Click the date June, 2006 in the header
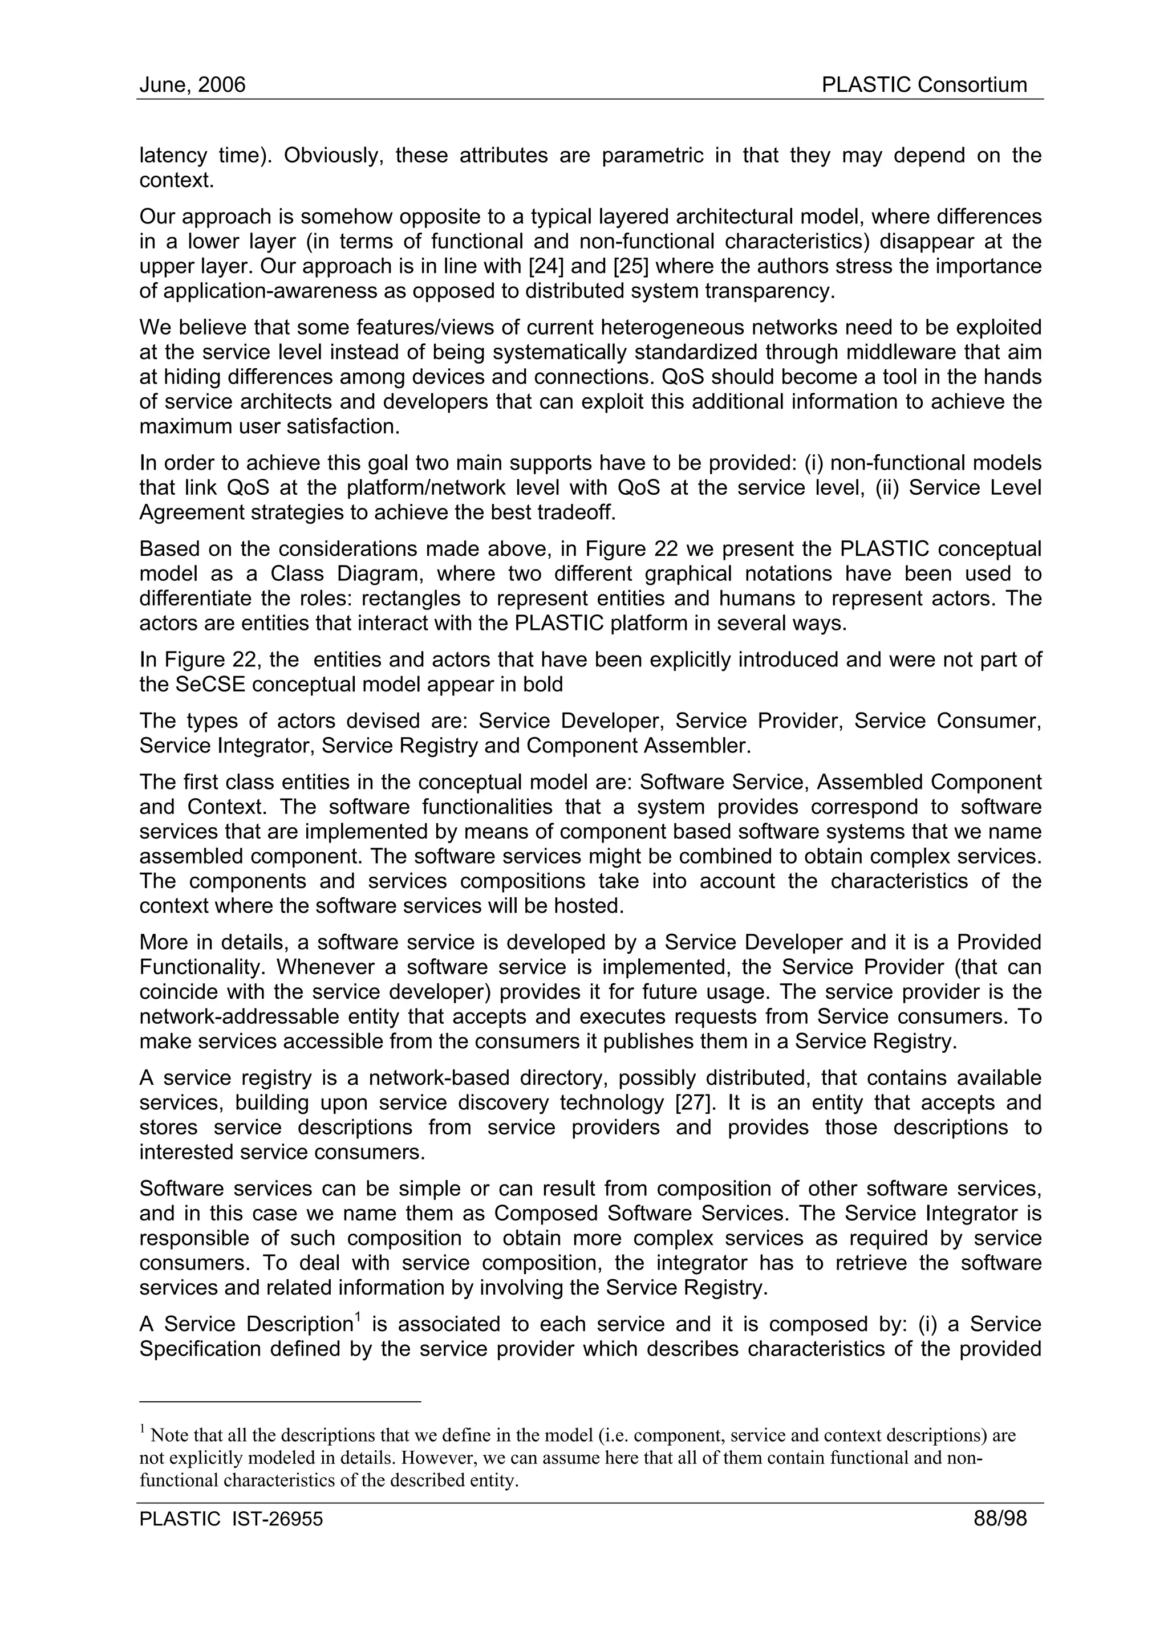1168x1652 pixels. (192, 86)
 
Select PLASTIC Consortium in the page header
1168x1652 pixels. (924, 86)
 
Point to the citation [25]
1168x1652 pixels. (630, 266)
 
